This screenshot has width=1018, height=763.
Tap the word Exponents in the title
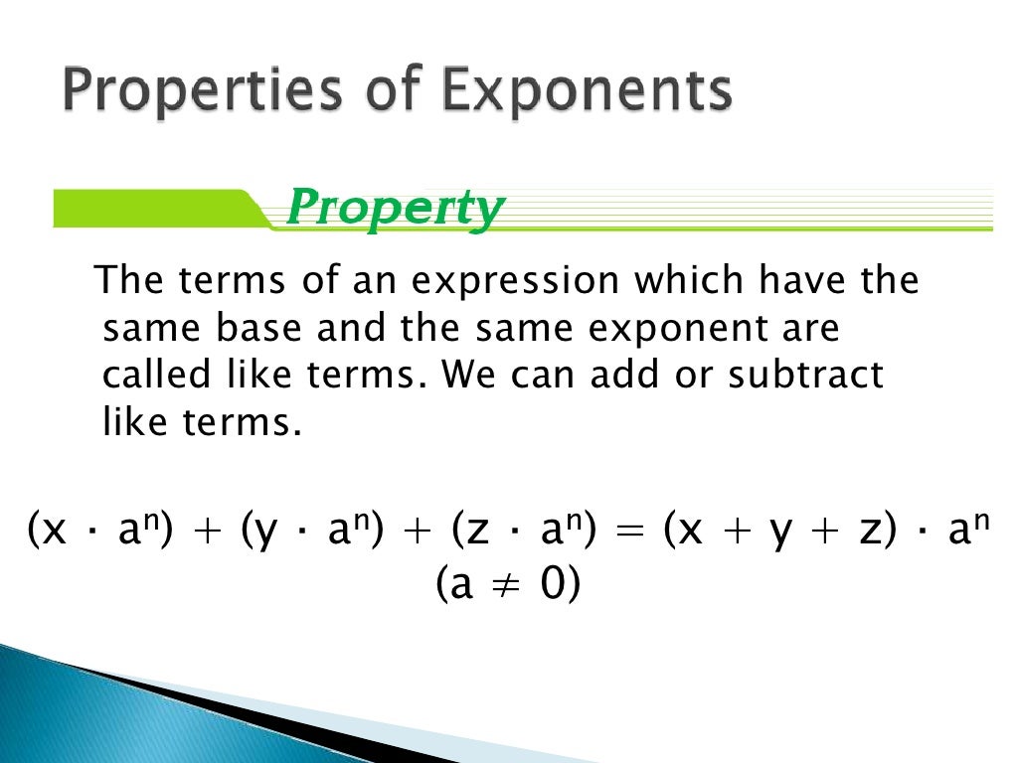click(x=586, y=92)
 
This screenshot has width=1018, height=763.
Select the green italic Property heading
click(x=394, y=209)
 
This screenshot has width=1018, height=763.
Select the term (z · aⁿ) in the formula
click(x=523, y=532)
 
